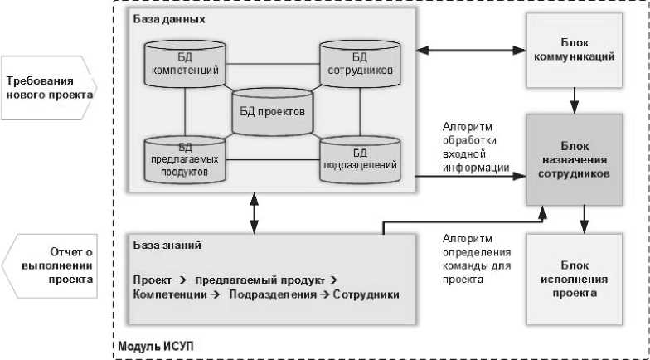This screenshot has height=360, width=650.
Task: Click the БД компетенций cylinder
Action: click(x=185, y=64)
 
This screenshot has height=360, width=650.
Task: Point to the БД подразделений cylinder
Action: click(x=360, y=158)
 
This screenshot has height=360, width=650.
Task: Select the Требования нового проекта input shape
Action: click(x=48, y=87)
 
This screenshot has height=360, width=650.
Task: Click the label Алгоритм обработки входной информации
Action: click(x=476, y=147)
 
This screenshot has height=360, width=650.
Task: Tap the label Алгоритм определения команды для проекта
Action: click(x=477, y=258)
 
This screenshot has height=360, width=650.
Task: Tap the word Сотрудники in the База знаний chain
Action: click(x=366, y=294)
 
